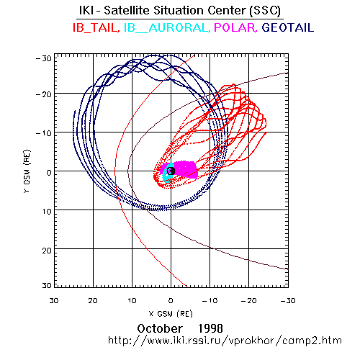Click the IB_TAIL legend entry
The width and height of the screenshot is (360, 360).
[x=96, y=27]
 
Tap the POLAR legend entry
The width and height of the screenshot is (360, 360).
[x=235, y=27]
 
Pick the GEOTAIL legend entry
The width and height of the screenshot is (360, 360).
[x=288, y=27]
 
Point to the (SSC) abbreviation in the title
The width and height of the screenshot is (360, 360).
[x=265, y=11]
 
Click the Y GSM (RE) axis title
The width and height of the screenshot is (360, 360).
[x=27, y=171]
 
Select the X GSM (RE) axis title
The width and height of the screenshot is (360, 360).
[x=171, y=314]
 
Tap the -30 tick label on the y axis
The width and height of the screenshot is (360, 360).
[x=44, y=58]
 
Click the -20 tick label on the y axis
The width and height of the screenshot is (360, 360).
[x=44, y=94]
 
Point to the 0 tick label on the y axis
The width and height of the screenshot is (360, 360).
[x=49, y=173]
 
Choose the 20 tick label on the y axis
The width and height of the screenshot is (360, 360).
[x=47, y=251]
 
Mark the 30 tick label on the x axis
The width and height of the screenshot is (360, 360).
[x=54, y=300]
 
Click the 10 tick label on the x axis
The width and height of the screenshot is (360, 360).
[x=132, y=300]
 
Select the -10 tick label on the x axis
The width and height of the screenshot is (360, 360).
[x=210, y=300]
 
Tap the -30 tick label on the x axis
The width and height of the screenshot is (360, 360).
[x=288, y=300]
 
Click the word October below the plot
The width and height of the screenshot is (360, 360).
[x=160, y=328]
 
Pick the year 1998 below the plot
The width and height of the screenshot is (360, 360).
[x=210, y=328]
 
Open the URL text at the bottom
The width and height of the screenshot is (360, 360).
[x=225, y=341]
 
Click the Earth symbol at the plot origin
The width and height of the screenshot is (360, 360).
[x=171, y=171]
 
